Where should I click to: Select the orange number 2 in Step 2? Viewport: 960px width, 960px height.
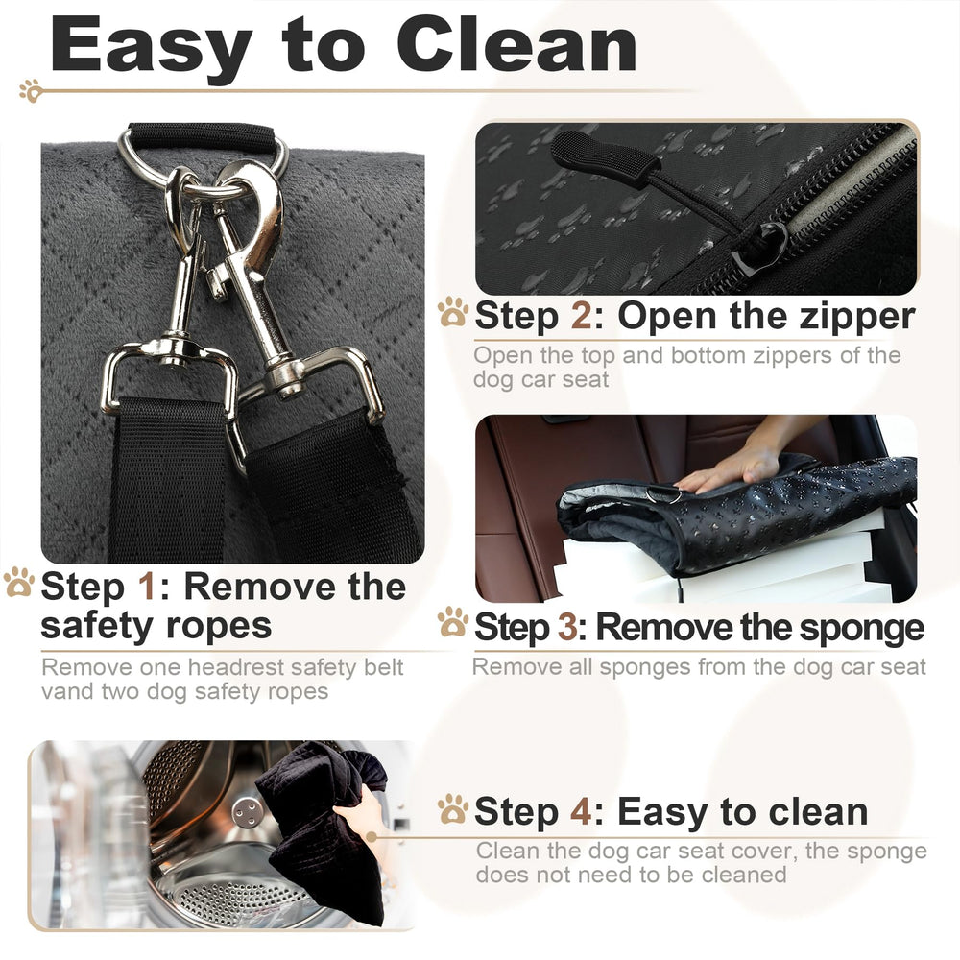coord(582,315)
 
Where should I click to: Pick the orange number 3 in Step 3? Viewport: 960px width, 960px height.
coord(569,628)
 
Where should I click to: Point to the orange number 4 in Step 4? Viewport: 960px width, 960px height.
coord(581,811)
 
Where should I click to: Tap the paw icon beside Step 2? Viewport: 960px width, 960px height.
coord(453,312)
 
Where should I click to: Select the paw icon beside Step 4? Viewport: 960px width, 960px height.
coord(453,808)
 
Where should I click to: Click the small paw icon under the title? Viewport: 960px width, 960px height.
coord(31,91)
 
